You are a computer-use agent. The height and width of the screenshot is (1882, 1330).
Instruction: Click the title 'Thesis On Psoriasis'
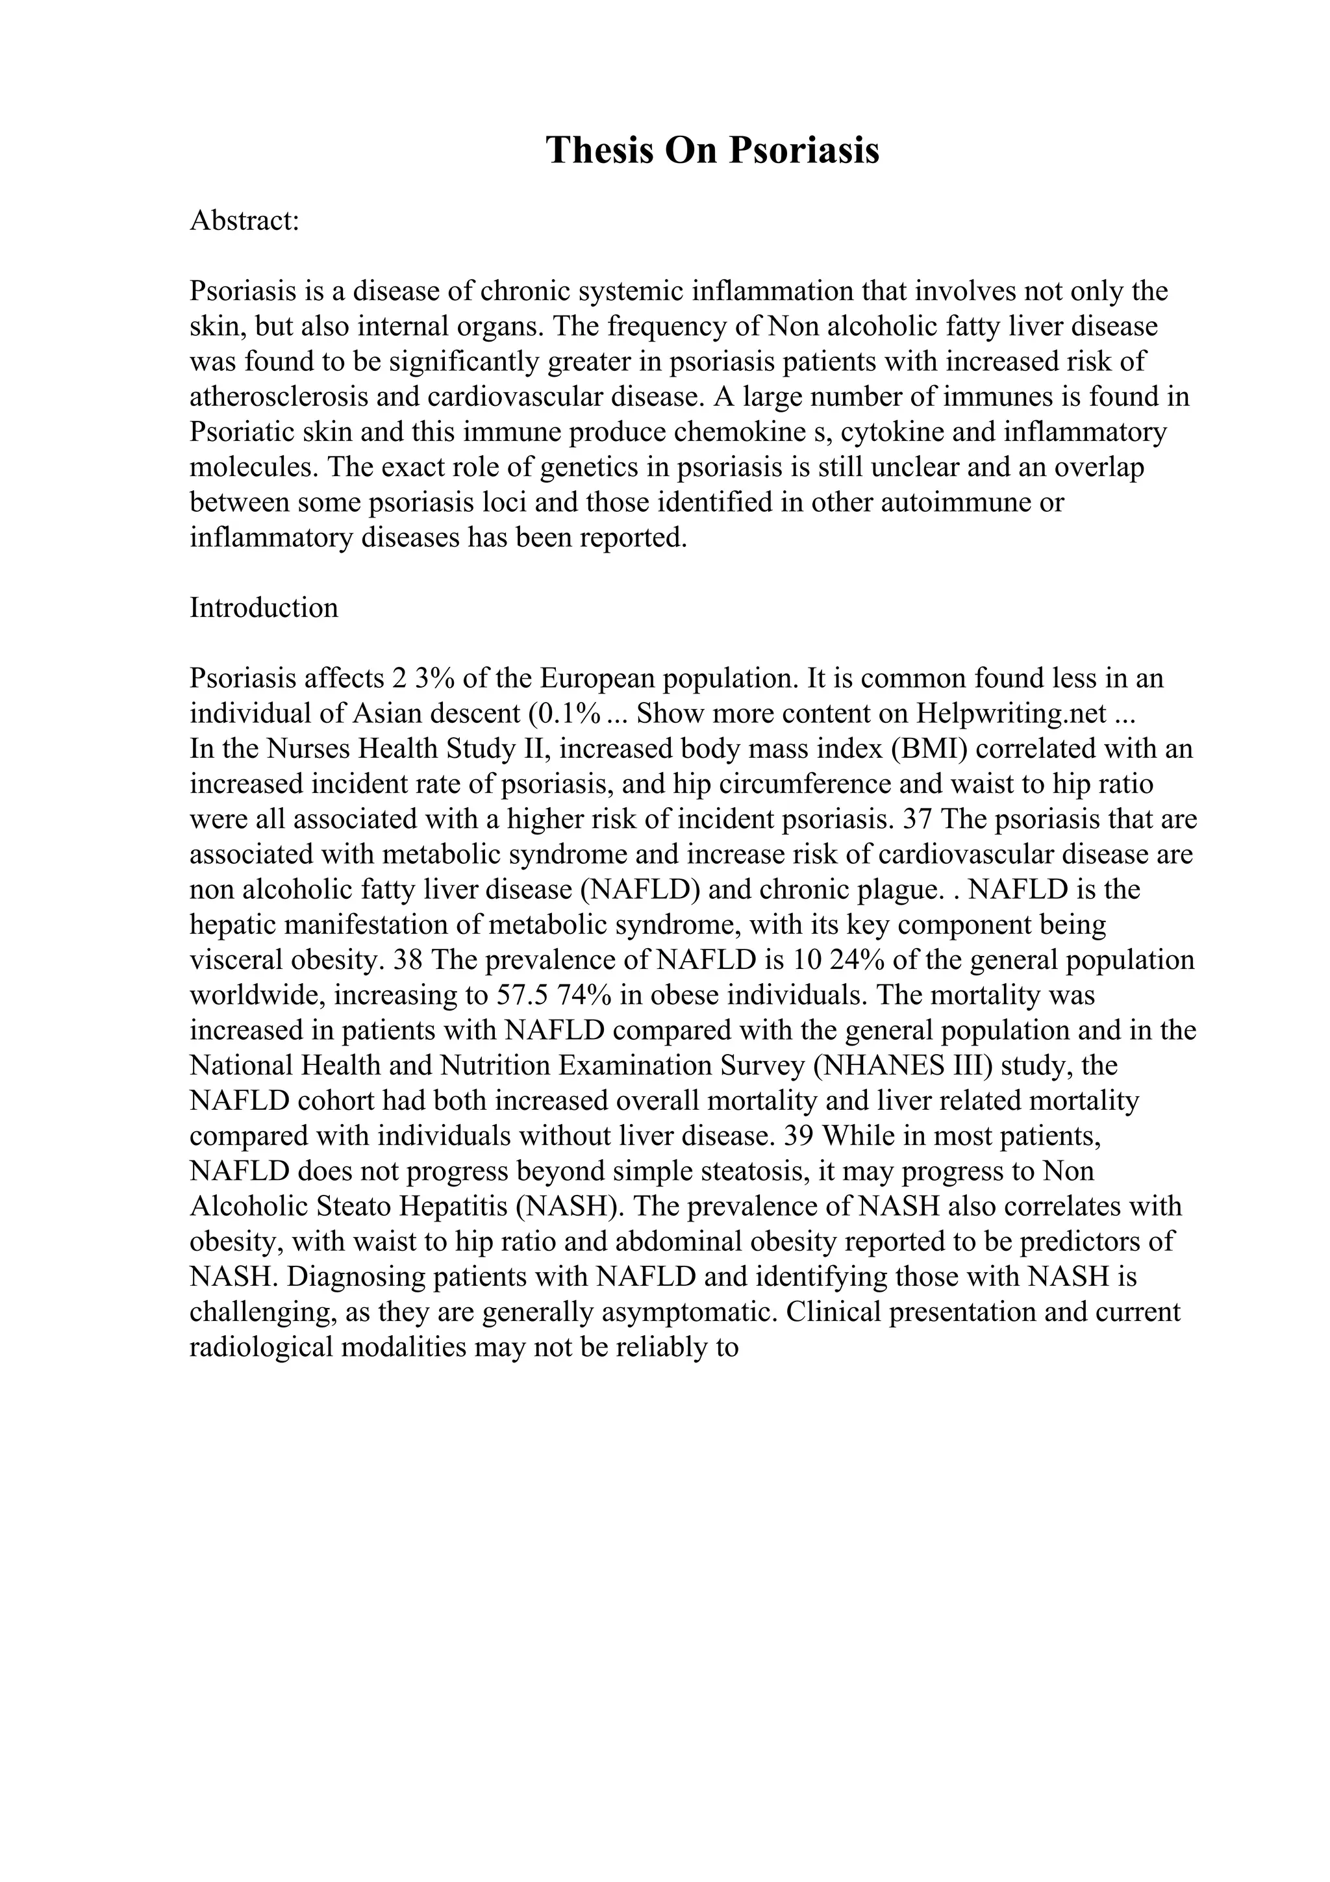712,151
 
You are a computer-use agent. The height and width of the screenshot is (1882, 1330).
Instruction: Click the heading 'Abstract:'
244,221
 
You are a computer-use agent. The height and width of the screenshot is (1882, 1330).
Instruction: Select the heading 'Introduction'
264,607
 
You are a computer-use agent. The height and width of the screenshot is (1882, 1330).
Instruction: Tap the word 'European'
597,679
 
